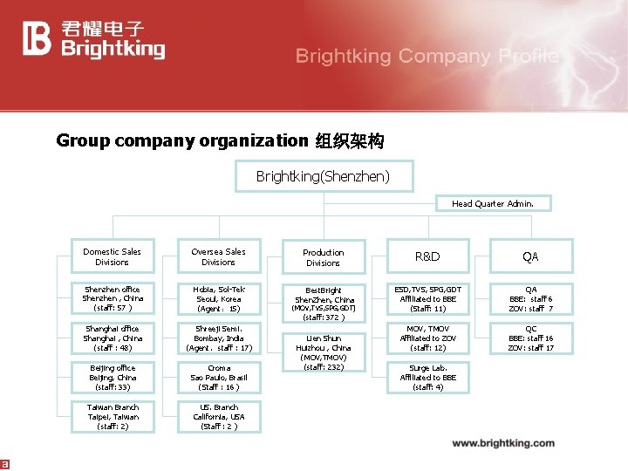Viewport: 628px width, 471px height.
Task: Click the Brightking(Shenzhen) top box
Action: click(x=323, y=177)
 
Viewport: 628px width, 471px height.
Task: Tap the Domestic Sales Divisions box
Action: click(x=112, y=256)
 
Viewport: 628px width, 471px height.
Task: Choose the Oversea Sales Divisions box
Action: click(x=218, y=256)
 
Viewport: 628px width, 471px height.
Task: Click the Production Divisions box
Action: click(x=323, y=257)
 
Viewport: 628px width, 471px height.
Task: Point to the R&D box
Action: click(x=427, y=256)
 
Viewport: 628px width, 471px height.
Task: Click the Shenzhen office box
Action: click(x=112, y=298)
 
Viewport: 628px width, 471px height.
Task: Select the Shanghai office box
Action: click(x=112, y=338)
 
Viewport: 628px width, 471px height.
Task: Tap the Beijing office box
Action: click(x=112, y=377)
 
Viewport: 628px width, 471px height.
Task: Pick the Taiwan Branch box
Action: click(x=112, y=417)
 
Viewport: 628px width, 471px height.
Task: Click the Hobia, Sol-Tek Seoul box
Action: click(x=218, y=298)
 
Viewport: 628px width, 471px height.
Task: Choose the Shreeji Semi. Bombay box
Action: click(x=218, y=338)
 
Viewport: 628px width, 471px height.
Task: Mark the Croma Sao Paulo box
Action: click(x=218, y=377)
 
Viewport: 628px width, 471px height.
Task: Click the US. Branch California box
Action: click(x=218, y=417)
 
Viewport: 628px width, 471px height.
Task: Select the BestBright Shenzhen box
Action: click(x=324, y=301)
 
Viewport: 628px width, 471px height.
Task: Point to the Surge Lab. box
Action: click(x=427, y=377)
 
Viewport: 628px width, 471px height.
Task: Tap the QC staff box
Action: click(x=530, y=338)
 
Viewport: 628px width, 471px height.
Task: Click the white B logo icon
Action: click(x=38, y=39)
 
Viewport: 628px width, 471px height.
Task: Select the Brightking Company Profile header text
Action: click(x=427, y=57)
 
